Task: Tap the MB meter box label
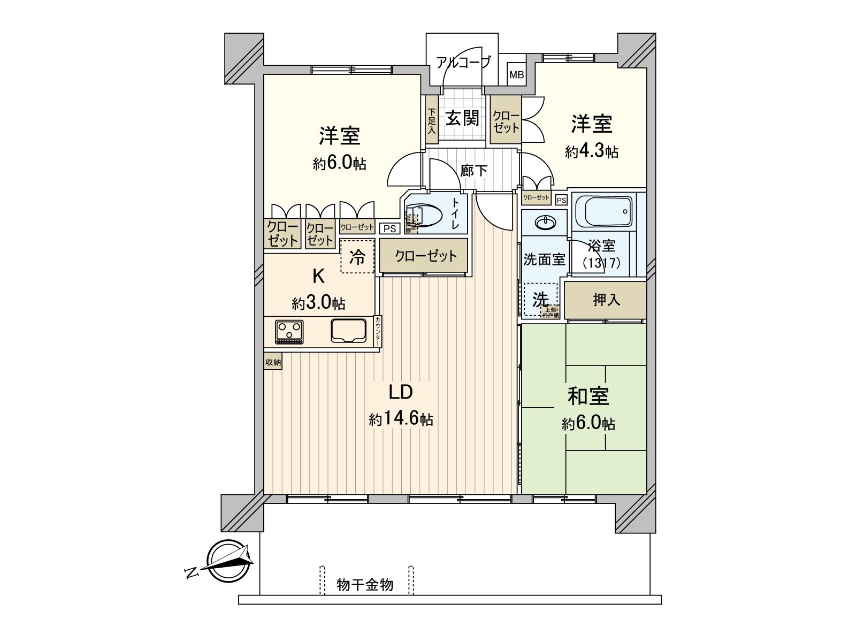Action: [516, 75]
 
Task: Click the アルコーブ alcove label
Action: [462, 63]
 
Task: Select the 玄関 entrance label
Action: [462, 118]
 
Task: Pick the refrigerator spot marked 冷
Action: [357, 257]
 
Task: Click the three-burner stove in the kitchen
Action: [289, 332]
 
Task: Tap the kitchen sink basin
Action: [348, 331]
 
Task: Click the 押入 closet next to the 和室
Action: [606, 300]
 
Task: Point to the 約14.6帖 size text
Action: [401, 419]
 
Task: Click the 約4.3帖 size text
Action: [592, 152]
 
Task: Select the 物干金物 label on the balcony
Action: [365, 585]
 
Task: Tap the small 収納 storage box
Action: [273, 362]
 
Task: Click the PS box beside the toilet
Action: [390, 228]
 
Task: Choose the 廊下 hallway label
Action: [474, 171]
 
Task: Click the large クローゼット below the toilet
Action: [426, 256]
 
